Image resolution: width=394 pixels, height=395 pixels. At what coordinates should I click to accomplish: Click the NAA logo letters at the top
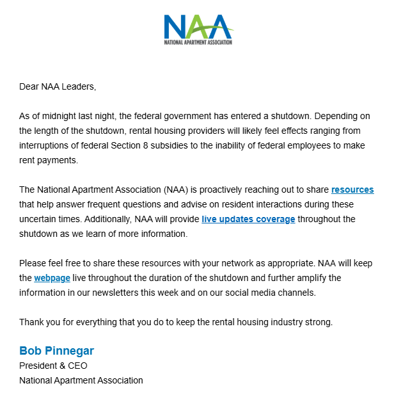pos(196,27)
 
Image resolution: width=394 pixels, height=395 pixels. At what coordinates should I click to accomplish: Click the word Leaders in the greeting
pos(77,86)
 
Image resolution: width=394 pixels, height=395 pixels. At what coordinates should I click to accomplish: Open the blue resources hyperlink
pos(352,189)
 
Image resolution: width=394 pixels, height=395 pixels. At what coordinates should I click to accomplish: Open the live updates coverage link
pos(248,219)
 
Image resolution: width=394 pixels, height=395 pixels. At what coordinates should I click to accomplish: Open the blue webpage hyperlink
pos(52,278)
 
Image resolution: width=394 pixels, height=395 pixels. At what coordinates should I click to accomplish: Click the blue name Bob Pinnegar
pos(57,351)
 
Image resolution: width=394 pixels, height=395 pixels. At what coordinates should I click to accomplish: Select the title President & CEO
pos(53,366)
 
